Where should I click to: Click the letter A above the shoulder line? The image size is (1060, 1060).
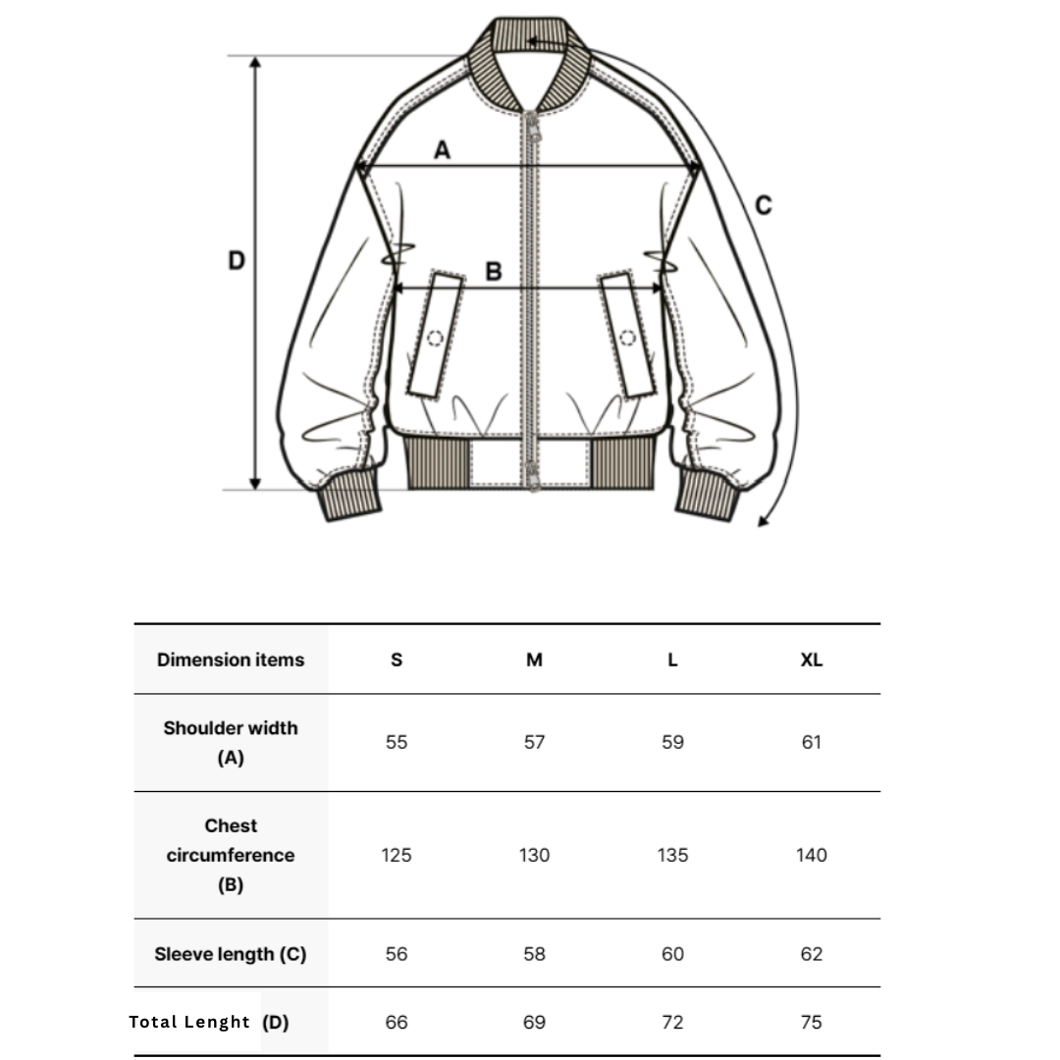tap(442, 149)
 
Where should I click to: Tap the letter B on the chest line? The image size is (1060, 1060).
tap(494, 271)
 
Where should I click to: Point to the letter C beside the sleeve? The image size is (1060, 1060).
tap(764, 205)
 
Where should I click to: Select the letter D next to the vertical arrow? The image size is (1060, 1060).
tap(236, 260)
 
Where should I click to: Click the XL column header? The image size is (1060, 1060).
tap(812, 660)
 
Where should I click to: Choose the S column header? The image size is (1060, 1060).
tap(397, 660)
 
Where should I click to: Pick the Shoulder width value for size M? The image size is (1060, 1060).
tap(534, 742)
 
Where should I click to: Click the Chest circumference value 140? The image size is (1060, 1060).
tap(812, 855)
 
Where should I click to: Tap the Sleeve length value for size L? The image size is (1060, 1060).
tap(672, 954)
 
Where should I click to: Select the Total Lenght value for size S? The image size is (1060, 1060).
tap(397, 1022)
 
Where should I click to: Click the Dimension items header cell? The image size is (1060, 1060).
tap(231, 660)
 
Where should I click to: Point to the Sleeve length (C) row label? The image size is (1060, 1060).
tap(231, 954)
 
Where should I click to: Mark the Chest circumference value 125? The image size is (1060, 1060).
tap(397, 855)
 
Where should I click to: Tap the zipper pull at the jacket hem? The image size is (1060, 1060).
tap(534, 476)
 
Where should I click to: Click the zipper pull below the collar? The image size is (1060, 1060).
tap(533, 128)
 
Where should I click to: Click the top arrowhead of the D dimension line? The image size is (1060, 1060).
tap(255, 63)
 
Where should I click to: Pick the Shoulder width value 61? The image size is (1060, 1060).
tap(812, 742)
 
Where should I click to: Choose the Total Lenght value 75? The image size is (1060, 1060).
tap(812, 1022)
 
